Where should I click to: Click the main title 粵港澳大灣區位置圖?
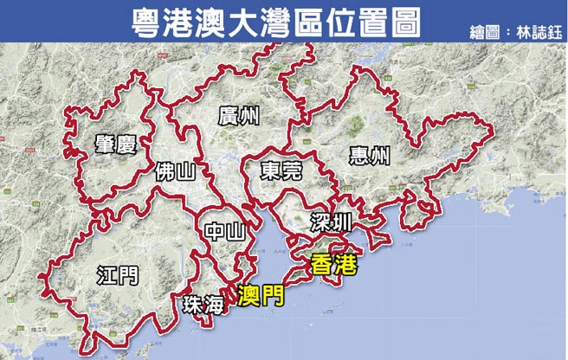pos(271,21)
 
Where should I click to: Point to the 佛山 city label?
pos(174,173)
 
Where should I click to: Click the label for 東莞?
pos(280,170)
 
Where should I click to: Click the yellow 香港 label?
pos(333,267)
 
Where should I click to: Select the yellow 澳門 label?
pos(259,298)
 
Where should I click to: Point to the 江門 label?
pos(116,275)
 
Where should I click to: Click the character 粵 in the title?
pos(139,21)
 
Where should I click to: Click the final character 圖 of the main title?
pos(403,21)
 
